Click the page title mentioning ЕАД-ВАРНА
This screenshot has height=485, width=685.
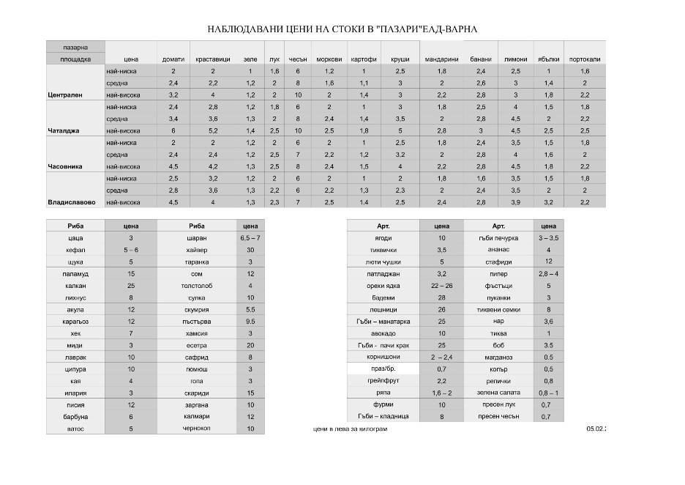tap(342, 29)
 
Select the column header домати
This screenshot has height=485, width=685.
tap(173, 59)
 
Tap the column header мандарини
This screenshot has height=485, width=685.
tap(441, 59)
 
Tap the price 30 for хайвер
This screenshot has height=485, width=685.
tap(250, 250)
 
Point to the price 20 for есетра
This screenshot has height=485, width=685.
tap(250, 345)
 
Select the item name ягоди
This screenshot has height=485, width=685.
tap(383, 238)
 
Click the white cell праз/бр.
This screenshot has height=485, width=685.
tap(383, 369)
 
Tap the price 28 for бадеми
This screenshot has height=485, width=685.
tap(441, 297)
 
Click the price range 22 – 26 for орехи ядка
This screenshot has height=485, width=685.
tap(441, 286)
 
